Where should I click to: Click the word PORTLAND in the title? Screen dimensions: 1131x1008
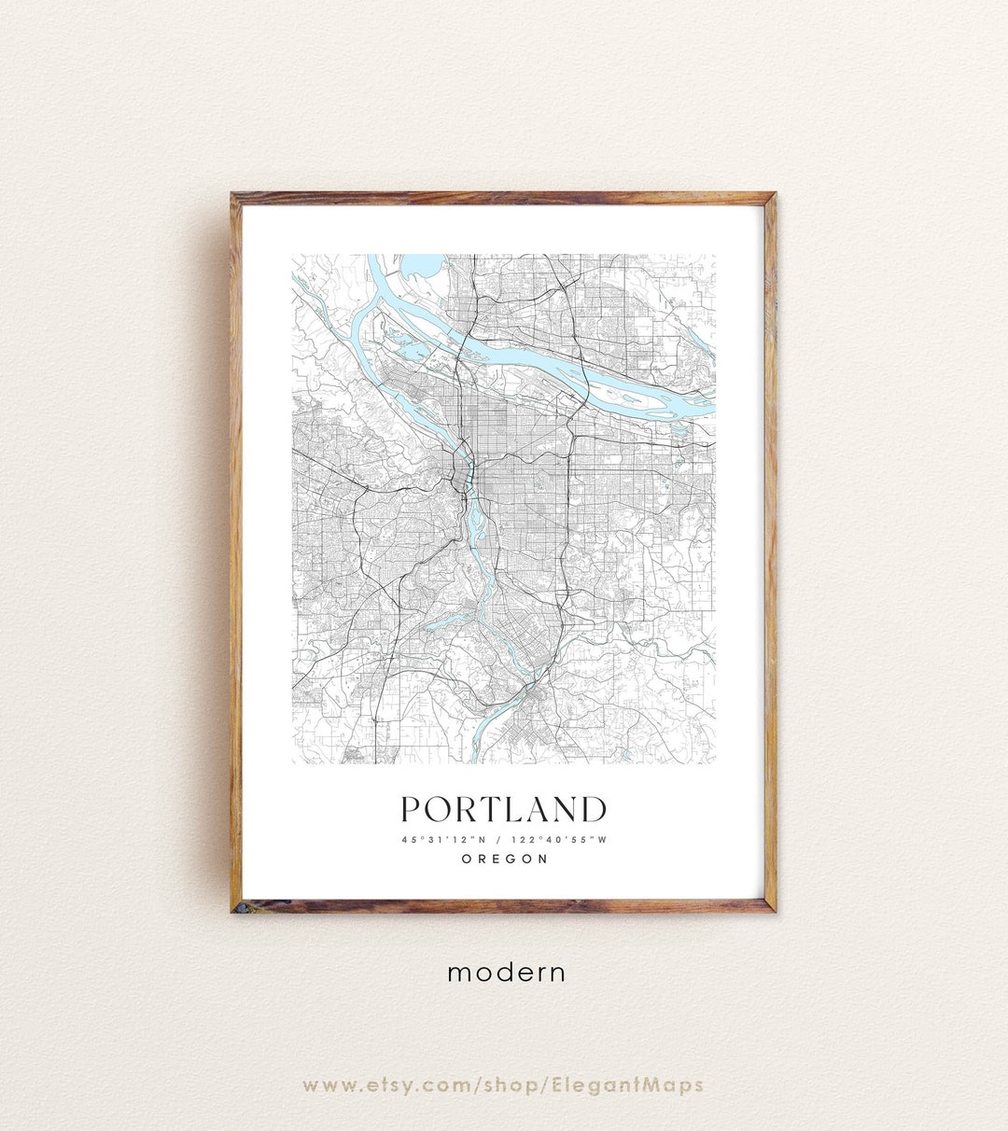[504, 809]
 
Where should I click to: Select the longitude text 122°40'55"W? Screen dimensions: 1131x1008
[561, 840]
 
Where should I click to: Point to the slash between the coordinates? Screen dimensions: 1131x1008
[498, 840]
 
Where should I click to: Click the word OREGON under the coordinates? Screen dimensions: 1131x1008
[504, 859]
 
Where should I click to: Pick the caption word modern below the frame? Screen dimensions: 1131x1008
[506, 972]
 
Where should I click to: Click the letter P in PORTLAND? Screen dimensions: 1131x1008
[412, 809]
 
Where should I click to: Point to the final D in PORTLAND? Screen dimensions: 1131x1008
[593, 809]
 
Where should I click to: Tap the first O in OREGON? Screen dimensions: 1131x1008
[467, 859]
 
